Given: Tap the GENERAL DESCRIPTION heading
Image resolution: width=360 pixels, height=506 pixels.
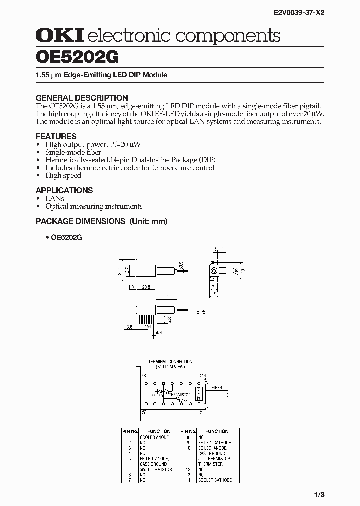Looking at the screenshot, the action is coord(82,98).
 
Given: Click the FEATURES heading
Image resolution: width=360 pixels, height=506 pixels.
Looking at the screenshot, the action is coord(56,136).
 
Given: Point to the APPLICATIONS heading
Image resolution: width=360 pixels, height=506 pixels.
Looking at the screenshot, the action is coord(64,190).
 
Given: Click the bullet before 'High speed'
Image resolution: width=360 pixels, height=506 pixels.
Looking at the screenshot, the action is coord(38,176).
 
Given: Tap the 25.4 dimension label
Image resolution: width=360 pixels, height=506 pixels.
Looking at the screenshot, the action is coord(120,271).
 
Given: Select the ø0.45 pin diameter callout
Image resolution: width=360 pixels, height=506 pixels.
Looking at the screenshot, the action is coord(160,331).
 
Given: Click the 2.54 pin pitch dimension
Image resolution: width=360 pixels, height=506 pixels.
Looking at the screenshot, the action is coord(147,326).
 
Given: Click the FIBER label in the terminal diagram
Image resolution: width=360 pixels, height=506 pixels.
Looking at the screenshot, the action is coord(217,387).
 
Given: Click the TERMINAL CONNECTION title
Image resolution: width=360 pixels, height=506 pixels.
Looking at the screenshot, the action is coord(170,361).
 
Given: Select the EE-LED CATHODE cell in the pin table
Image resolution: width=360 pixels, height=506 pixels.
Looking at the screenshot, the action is coord(215,443).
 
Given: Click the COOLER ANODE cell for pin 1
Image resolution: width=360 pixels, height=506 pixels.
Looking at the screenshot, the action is coord(154,437).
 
